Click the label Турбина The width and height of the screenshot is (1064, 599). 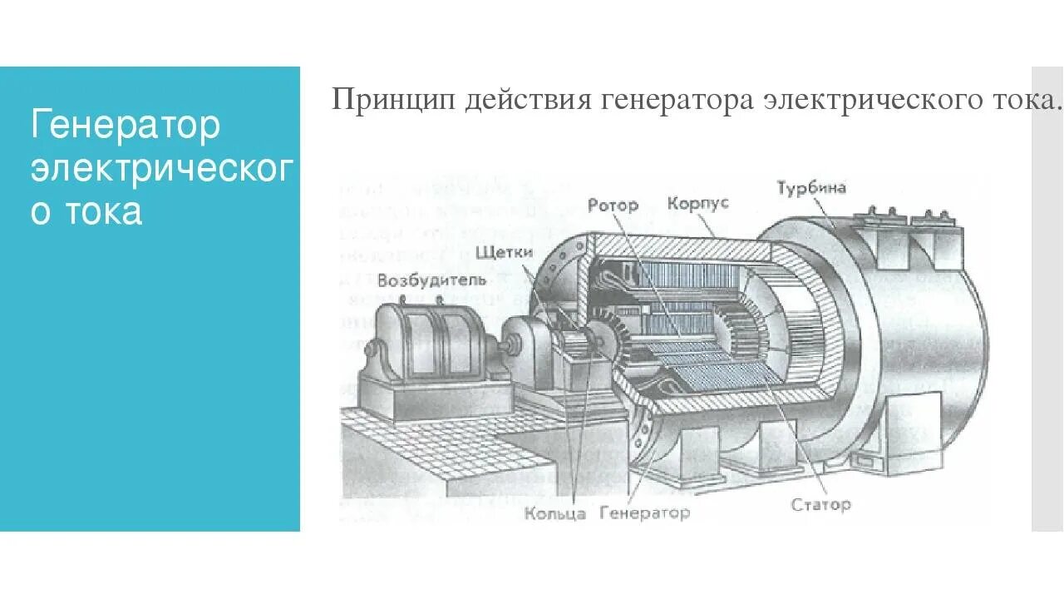click(x=811, y=188)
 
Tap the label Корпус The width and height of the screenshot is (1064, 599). click(x=698, y=203)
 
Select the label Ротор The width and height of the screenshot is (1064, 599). click(x=613, y=205)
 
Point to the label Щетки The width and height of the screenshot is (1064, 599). click(x=503, y=252)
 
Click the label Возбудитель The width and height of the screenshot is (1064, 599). click(x=431, y=280)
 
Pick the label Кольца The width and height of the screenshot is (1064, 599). click(x=555, y=512)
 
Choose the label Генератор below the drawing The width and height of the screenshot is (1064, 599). click(x=644, y=512)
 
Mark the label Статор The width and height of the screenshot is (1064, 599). click(x=820, y=505)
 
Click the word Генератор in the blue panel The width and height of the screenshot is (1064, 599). click(x=126, y=125)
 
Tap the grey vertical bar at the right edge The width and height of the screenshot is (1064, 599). click(x=1047, y=299)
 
